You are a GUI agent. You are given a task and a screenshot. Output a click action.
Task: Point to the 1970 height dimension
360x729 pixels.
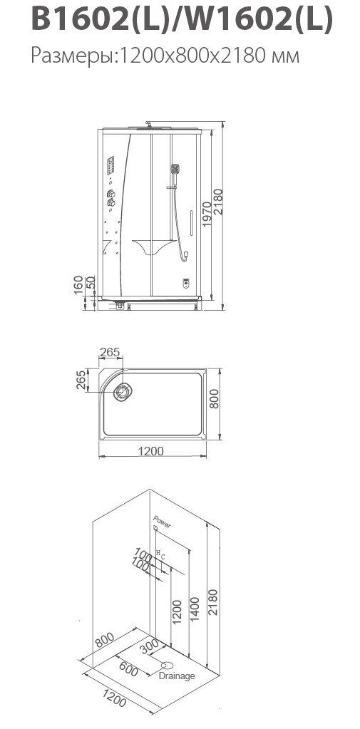[207, 214]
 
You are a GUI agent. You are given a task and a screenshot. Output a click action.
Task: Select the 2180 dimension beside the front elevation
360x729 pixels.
[218, 201]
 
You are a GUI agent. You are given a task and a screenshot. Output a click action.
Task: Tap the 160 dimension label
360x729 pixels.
[78, 285]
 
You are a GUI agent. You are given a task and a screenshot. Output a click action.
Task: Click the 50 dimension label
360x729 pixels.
[91, 281]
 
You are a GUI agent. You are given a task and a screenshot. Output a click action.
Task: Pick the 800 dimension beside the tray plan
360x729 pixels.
[213, 398]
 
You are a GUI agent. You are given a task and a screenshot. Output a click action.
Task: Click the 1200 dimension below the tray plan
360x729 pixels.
[150, 451]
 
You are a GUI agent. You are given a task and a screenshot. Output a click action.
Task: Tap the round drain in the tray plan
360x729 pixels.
[123, 392]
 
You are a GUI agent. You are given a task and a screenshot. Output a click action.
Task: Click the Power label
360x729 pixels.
[163, 522]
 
